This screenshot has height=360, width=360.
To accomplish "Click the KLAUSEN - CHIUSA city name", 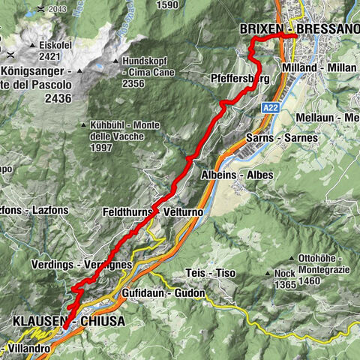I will [x=67, y=321].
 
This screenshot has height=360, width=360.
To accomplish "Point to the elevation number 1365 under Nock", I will [x=283, y=285].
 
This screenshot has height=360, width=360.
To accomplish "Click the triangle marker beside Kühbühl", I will [x=85, y=125].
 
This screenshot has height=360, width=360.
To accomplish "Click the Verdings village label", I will [x=53, y=265].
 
